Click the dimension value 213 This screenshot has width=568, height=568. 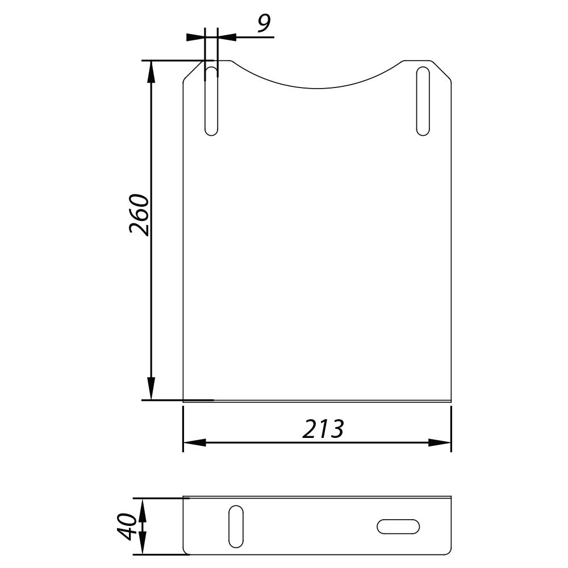323,429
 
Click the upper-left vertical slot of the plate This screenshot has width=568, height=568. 211,101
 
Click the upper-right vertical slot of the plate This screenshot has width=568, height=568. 423,101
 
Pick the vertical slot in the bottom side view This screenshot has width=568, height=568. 236,527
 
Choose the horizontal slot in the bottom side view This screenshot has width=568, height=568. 398,527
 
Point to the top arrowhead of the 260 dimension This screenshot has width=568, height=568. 151,70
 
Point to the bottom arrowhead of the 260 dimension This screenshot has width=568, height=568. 151,390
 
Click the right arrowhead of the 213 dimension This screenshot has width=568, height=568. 440,442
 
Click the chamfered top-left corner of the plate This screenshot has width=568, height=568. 193,70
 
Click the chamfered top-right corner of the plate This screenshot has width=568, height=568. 442,70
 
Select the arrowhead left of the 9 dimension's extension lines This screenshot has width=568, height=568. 196,37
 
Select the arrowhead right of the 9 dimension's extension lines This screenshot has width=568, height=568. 227,37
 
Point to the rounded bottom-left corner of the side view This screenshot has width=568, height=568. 186,551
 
